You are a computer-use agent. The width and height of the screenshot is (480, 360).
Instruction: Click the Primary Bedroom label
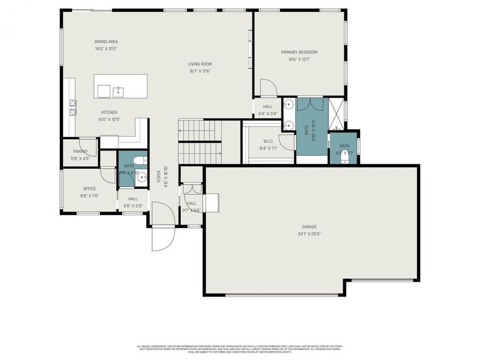point(299,52)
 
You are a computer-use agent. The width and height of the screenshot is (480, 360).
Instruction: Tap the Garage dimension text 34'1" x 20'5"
point(309,234)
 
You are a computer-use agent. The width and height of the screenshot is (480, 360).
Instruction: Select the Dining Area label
point(106,42)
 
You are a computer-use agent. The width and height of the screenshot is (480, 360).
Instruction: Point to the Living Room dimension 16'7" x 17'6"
point(200,71)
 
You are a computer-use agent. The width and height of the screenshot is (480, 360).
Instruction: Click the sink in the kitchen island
point(118,92)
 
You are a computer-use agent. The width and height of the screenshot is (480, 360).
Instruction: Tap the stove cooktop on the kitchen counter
point(71,108)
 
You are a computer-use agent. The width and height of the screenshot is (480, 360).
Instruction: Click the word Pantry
point(81,151)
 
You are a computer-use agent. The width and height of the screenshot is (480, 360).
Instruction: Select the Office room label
point(90,188)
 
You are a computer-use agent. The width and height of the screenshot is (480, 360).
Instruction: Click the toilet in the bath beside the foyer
point(140,160)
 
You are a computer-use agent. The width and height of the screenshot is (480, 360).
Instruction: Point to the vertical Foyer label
point(159,177)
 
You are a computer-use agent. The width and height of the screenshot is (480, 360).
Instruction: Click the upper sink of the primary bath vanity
point(289,104)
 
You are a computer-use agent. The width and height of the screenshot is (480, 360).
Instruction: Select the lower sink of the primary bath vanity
point(289,126)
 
